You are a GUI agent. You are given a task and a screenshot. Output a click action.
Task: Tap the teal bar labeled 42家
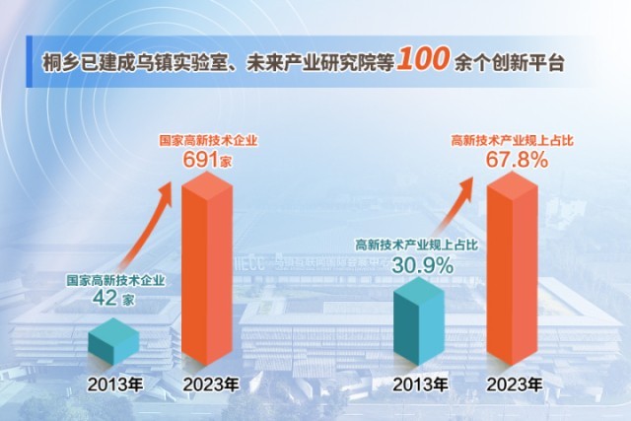pos(113,340)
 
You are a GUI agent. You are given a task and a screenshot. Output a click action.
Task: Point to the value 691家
pos(208,158)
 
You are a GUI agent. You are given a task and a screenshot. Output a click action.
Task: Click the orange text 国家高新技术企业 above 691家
pos(208,140)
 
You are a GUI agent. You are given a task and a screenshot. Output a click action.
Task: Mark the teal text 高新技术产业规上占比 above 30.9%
pos(422,246)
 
